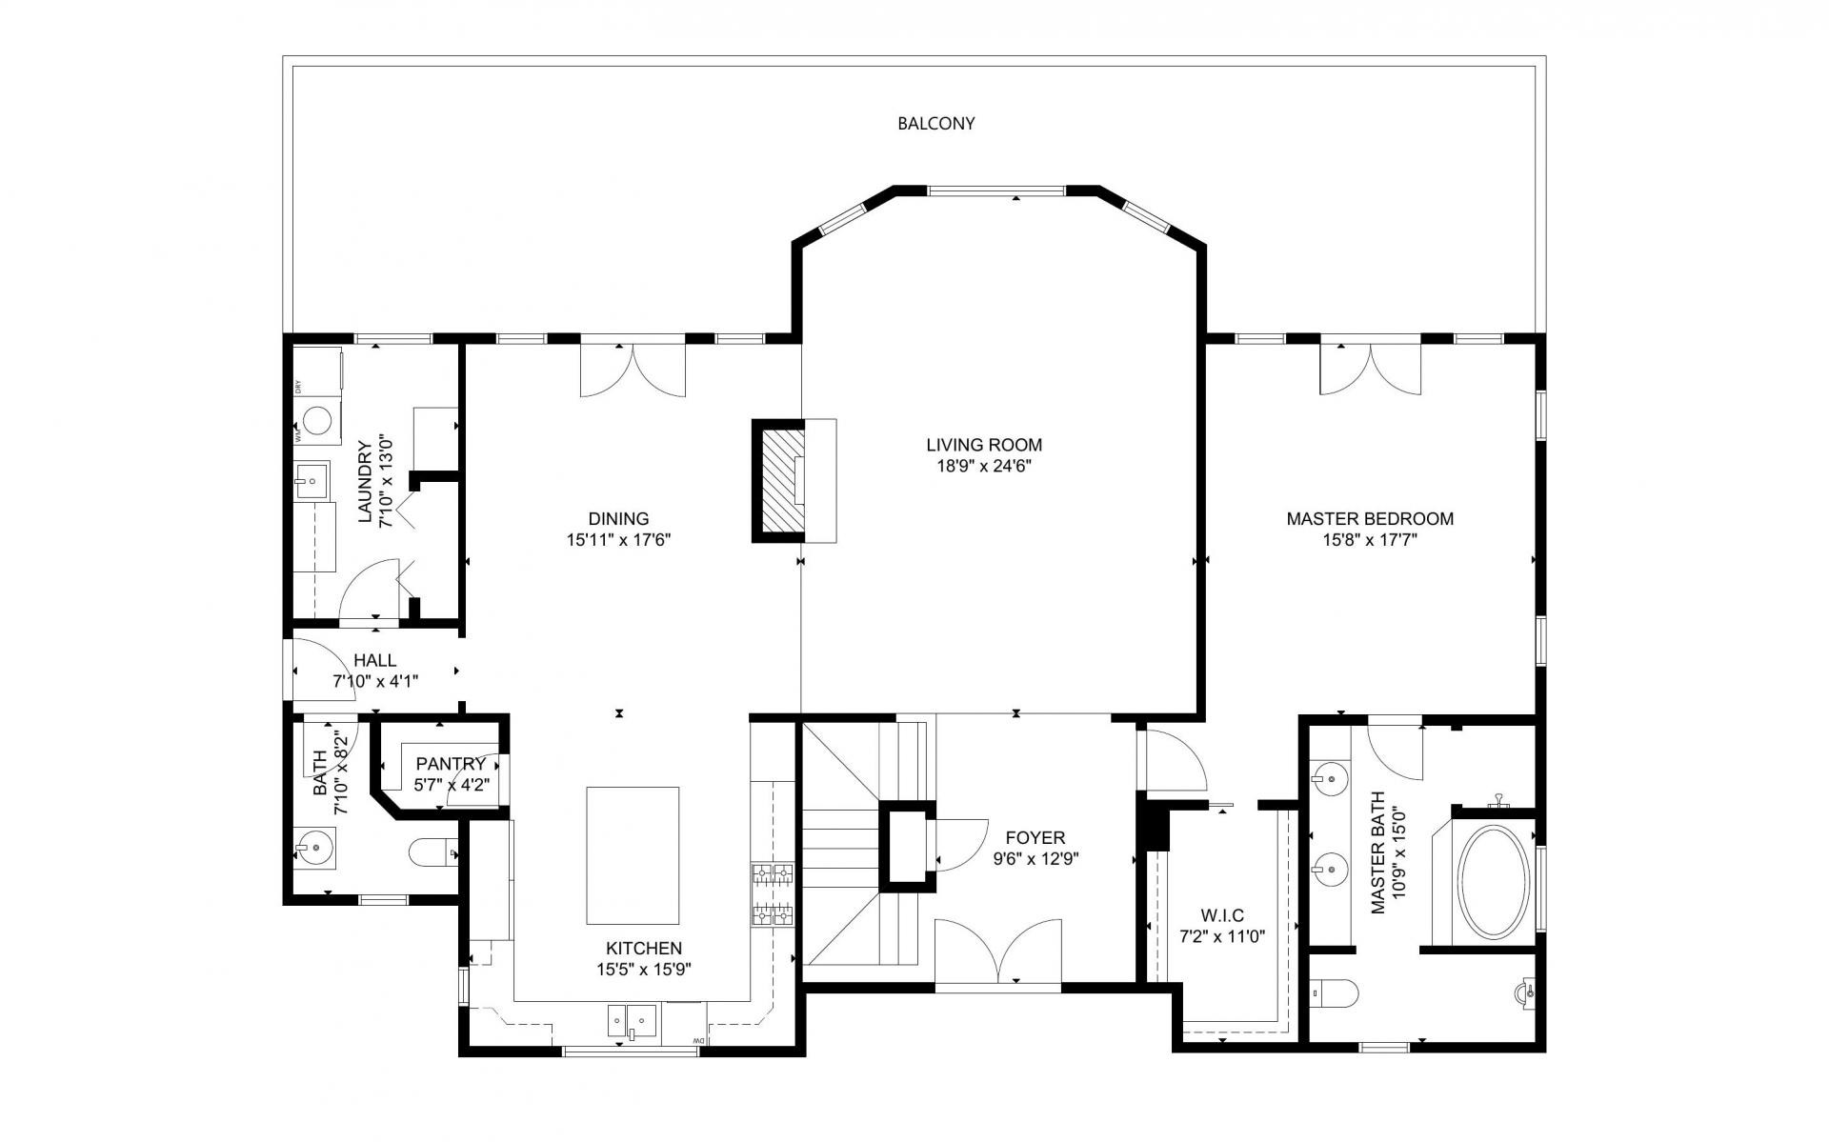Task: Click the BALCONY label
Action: click(x=935, y=124)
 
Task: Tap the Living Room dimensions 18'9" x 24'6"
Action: click(x=984, y=467)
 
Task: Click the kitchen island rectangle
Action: click(x=633, y=854)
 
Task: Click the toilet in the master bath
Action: click(x=1334, y=994)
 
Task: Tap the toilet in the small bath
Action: click(x=432, y=851)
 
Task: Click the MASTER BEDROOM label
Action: click(x=1369, y=519)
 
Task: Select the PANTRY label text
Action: click(x=451, y=764)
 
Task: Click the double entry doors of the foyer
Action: click(x=997, y=951)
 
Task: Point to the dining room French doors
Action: click(x=633, y=370)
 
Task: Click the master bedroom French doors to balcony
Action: click(x=1370, y=368)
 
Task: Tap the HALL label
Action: click(x=374, y=660)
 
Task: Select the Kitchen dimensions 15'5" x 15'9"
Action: click(x=643, y=970)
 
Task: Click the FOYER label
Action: click(x=1035, y=838)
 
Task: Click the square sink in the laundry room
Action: click(x=311, y=481)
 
